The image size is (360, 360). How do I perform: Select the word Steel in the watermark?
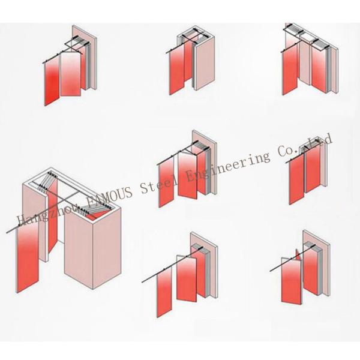(158, 183)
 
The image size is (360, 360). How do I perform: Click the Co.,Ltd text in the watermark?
(305, 146)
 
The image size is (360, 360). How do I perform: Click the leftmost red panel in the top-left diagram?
(52, 81)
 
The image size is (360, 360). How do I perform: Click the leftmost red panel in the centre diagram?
(166, 182)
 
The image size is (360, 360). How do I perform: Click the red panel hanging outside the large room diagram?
(28, 257)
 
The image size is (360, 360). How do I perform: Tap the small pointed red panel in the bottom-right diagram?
(298, 255)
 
